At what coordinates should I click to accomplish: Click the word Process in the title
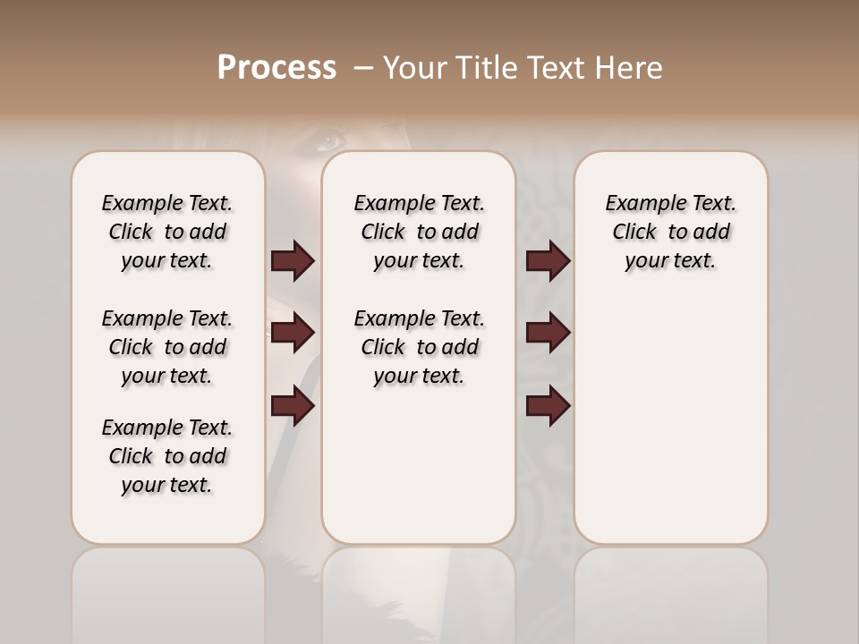[276, 68]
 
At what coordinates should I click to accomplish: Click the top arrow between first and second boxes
[293, 261]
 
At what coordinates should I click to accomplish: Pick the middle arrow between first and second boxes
[293, 334]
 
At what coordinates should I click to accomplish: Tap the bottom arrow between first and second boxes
[293, 407]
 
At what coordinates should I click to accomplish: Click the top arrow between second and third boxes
[548, 261]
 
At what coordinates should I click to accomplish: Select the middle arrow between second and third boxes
[548, 334]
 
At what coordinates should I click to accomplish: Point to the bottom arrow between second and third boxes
[548, 407]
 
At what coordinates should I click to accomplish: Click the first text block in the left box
[167, 232]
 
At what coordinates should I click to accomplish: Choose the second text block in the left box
[167, 347]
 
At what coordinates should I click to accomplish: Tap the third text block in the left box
[167, 456]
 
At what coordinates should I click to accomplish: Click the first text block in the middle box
[419, 232]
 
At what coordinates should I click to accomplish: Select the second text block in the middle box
[419, 347]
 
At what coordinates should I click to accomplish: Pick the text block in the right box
[670, 232]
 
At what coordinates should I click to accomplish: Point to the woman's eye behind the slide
[329, 140]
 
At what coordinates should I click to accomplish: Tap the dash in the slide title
[363, 68]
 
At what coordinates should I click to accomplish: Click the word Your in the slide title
[412, 68]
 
